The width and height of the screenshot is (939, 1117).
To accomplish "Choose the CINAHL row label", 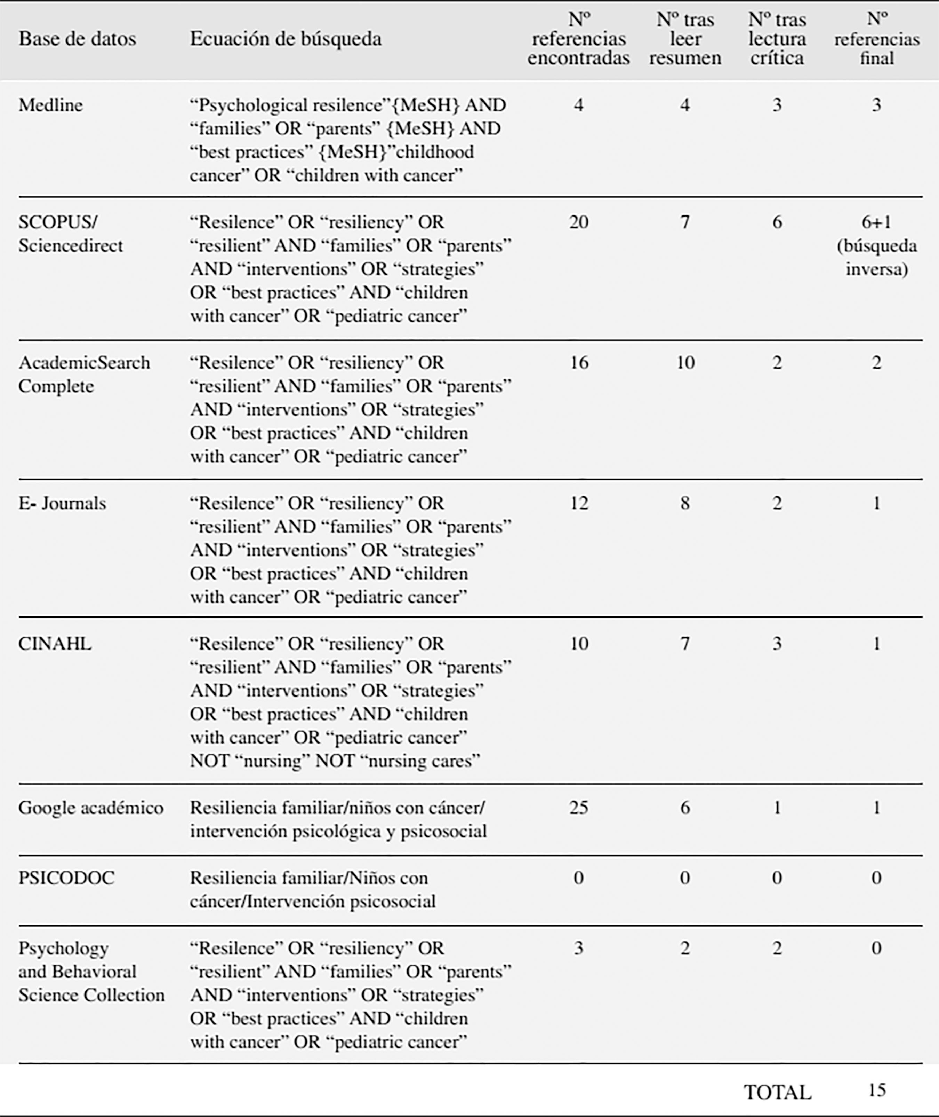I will click(55, 644).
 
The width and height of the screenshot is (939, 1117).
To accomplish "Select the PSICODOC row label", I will click(66, 878).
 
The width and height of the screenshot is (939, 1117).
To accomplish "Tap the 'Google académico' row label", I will click(90, 808).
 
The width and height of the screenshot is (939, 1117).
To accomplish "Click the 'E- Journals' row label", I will click(62, 503).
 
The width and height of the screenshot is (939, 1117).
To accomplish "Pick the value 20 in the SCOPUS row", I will click(579, 222).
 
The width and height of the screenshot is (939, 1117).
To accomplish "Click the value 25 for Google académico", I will click(579, 808).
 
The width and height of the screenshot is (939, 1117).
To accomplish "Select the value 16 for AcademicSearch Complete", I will click(579, 363).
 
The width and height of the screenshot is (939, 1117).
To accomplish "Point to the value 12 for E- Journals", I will click(579, 503).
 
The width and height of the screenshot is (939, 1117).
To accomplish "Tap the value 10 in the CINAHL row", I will click(579, 644).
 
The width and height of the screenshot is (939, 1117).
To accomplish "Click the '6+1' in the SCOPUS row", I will click(876, 222).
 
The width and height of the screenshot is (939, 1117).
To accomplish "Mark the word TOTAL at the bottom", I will click(777, 1093).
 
